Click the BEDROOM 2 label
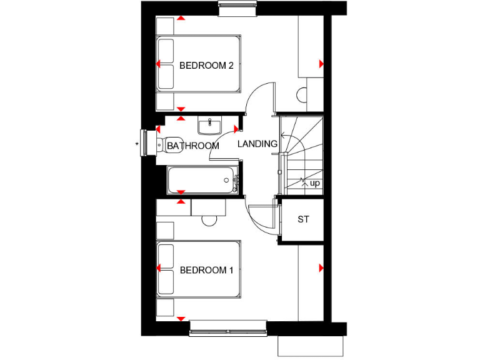point(206,65)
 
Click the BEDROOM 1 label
point(206,271)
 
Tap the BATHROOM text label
point(193,146)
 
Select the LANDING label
point(257,144)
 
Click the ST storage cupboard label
point(303,219)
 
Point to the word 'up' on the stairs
point(315,183)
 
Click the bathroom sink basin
point(209,126)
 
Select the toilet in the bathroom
point(169,144)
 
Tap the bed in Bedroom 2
point(197,64)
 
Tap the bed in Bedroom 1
point(197,269)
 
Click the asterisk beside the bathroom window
point(137,145)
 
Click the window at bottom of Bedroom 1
point(229,325)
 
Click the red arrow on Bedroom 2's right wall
point(321,64)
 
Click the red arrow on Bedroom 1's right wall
point(321,268)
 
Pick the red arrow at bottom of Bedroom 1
point(181,319)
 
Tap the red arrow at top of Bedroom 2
point(181,18)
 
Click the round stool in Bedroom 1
point(209,220)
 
